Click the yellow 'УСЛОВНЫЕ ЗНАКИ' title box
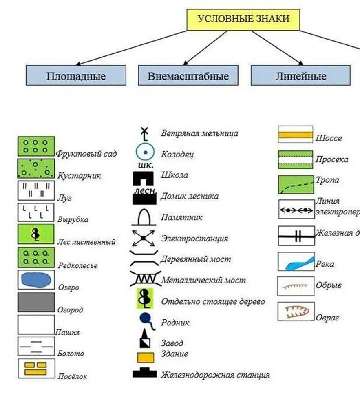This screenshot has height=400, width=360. pos(243,19)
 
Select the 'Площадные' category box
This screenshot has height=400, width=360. pos(76,76)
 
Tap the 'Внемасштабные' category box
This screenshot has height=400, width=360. pos(188,76)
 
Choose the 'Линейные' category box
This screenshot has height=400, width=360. pos(300,76)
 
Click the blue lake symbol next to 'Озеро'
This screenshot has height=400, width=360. pos(36,279)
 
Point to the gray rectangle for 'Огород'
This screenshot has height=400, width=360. pos(36,302)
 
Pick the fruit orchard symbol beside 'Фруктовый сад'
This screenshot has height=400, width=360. pos(36,146)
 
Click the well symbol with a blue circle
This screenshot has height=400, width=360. pos(144,152)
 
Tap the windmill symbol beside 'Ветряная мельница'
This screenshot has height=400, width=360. pos(144,133)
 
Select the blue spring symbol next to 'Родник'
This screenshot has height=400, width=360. pos(146,320)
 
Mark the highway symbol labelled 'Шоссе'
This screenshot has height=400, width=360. pos(296,135)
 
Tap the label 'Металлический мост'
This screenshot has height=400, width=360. pos(204,280)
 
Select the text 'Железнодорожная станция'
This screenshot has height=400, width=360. pos(215,374)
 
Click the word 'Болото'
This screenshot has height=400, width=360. pos(71,354)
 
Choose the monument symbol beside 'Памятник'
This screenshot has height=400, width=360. pos(144,217)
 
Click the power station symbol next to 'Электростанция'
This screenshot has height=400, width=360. pos(144,238)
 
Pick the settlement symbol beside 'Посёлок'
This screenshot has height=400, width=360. pos(36,368)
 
